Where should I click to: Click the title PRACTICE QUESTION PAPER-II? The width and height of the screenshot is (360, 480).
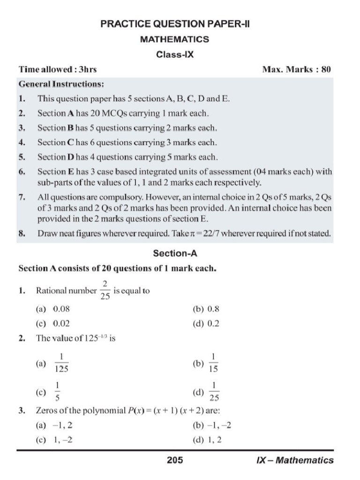[x=175, y=24]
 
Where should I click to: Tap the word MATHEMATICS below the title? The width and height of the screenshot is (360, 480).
[x=175, y=39]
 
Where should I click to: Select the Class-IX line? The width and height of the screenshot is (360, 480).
[x=175, y=54]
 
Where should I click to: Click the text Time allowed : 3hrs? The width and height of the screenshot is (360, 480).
[x=58, y=69]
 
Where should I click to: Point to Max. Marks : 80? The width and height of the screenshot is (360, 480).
[x=297, y=69]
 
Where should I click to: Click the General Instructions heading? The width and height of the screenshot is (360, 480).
[x=61, y=84]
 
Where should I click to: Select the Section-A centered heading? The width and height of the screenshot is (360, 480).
[x=175, y=254]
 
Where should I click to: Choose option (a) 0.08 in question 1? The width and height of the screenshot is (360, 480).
[x=54, y=309]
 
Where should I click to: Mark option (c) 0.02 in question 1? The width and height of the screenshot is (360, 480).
[x=54, y=324]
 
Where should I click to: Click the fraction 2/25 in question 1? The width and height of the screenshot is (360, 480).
[x=105, y=291]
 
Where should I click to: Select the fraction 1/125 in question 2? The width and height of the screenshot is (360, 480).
[x=62, y=363]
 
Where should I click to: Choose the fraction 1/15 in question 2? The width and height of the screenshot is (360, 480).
[x=213, y=363]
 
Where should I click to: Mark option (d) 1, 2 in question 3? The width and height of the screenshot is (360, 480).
[x=207, y=441]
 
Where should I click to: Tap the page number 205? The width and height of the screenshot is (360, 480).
[x=175, y=460]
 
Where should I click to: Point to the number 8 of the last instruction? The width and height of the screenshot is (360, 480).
[x=21, y=233]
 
